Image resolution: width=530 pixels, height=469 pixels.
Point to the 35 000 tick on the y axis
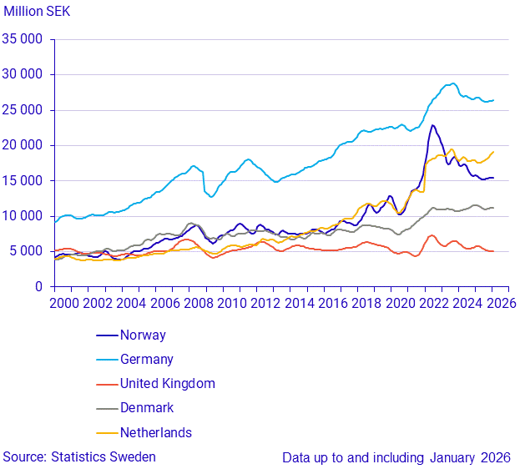click(23, 39)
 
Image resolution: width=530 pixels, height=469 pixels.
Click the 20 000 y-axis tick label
click(23, 145)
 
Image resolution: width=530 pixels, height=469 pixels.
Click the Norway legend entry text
click(143, 335)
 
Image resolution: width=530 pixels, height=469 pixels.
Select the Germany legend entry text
click(147, 360)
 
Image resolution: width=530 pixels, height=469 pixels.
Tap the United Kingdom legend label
click(167, 384)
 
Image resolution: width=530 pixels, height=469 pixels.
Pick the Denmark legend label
click(147, 408)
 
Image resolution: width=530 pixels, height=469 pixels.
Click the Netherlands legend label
click(155, 432)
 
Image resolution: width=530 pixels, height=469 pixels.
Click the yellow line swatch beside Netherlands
click(106, 432)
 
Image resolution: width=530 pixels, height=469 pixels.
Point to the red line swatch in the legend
click(106, 384)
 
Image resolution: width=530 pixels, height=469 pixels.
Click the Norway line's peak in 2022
click(432, 125)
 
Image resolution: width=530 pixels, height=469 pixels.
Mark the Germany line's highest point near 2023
click(452, 83)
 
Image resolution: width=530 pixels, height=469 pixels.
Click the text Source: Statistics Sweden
click(79, 456)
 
